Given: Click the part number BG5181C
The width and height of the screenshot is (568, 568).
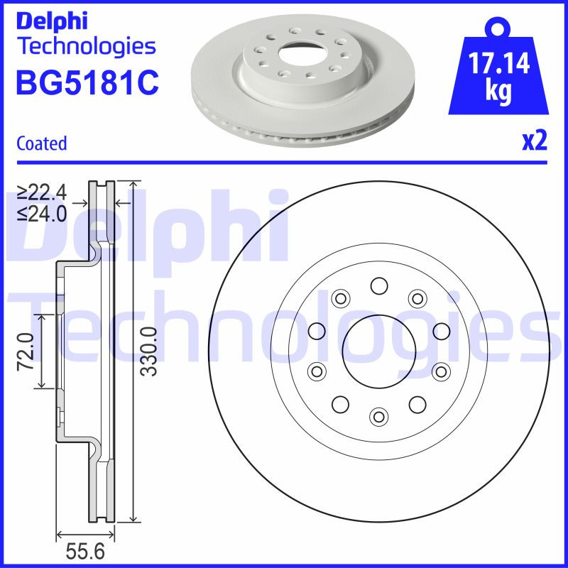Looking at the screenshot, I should pos(87,82).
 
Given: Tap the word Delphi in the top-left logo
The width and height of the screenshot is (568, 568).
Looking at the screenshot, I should pos(51,21).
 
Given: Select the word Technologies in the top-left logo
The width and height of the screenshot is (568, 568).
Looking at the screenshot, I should pos(85,47).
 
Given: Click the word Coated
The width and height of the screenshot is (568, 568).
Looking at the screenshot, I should pos(41,143).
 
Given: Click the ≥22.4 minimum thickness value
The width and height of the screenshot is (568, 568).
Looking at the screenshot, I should pos(42,192).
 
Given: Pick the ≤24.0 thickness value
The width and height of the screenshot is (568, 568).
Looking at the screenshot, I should pos(42,213).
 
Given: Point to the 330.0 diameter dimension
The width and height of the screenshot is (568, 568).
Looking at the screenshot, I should pos(147,351).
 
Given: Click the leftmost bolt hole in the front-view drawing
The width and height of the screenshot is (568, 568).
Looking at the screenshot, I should pos(317,331).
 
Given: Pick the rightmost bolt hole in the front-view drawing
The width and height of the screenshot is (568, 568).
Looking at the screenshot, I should pos(442,331).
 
